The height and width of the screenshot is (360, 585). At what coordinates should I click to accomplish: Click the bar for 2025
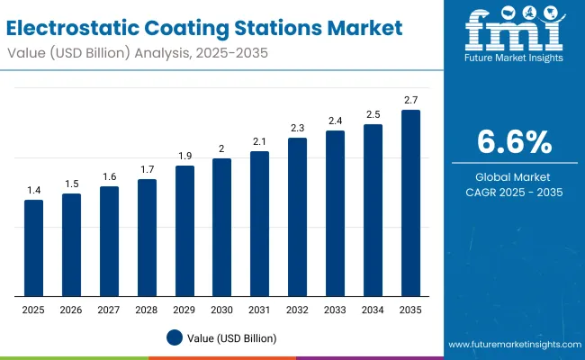coord(33,247)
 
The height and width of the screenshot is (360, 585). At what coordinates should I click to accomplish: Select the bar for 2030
coord(222,227)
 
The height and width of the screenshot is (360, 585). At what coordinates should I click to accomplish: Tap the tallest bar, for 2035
coord(410,202)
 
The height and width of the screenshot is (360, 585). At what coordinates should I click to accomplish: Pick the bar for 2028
coord(147,238)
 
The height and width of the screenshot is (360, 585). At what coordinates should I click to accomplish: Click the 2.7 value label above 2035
coord(410,100)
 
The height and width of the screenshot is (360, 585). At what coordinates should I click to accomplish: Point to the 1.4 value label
coord(33,190)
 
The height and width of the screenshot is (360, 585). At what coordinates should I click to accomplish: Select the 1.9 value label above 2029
coord(184,156)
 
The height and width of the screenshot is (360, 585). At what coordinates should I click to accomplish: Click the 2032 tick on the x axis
coord(297,310)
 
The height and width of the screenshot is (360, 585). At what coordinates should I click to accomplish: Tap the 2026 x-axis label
coord(71,310)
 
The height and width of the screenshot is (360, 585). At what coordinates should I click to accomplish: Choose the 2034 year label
coord(373,310)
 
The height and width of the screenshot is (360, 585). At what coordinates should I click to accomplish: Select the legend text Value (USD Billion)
coord(232,337)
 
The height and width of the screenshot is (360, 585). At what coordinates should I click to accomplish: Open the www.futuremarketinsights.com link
coord(512,345)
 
